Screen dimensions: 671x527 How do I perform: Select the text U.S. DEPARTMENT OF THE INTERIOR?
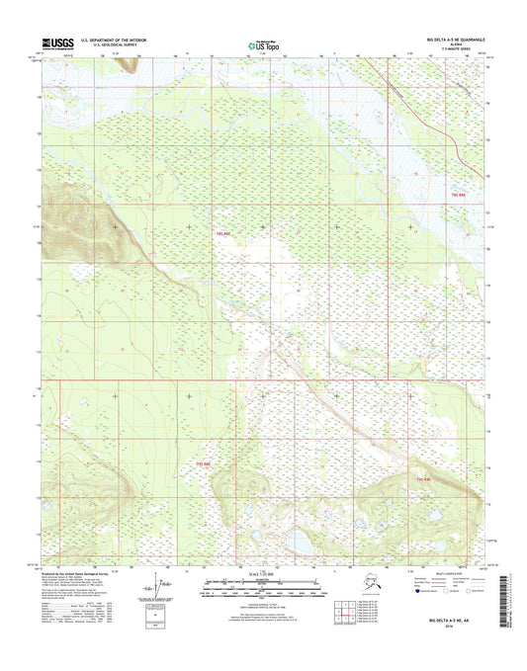(x=116, y=41)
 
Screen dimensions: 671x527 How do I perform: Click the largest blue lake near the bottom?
(x=296, y=543)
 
